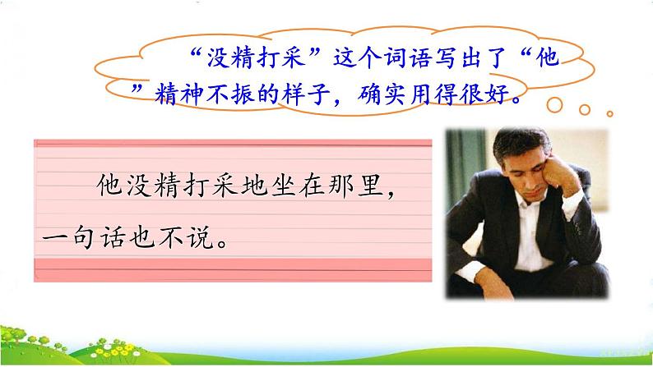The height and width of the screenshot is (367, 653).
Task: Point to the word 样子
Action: [x=311, y=97]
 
